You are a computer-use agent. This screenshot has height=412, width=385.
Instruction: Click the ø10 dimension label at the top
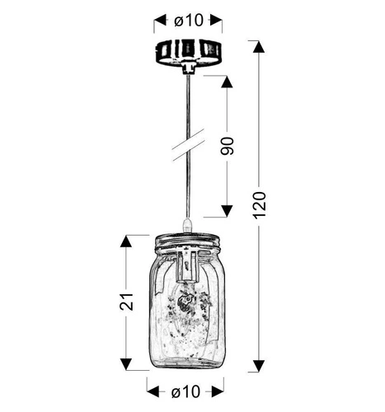[189, 20]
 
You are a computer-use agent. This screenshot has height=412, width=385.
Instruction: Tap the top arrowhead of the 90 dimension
[228, 81]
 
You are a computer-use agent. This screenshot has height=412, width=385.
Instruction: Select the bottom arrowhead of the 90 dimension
[228, 212]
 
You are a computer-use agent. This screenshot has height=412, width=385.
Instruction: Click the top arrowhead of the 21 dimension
[127, 241]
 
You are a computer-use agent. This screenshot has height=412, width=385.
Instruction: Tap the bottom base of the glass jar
[189, 363]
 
